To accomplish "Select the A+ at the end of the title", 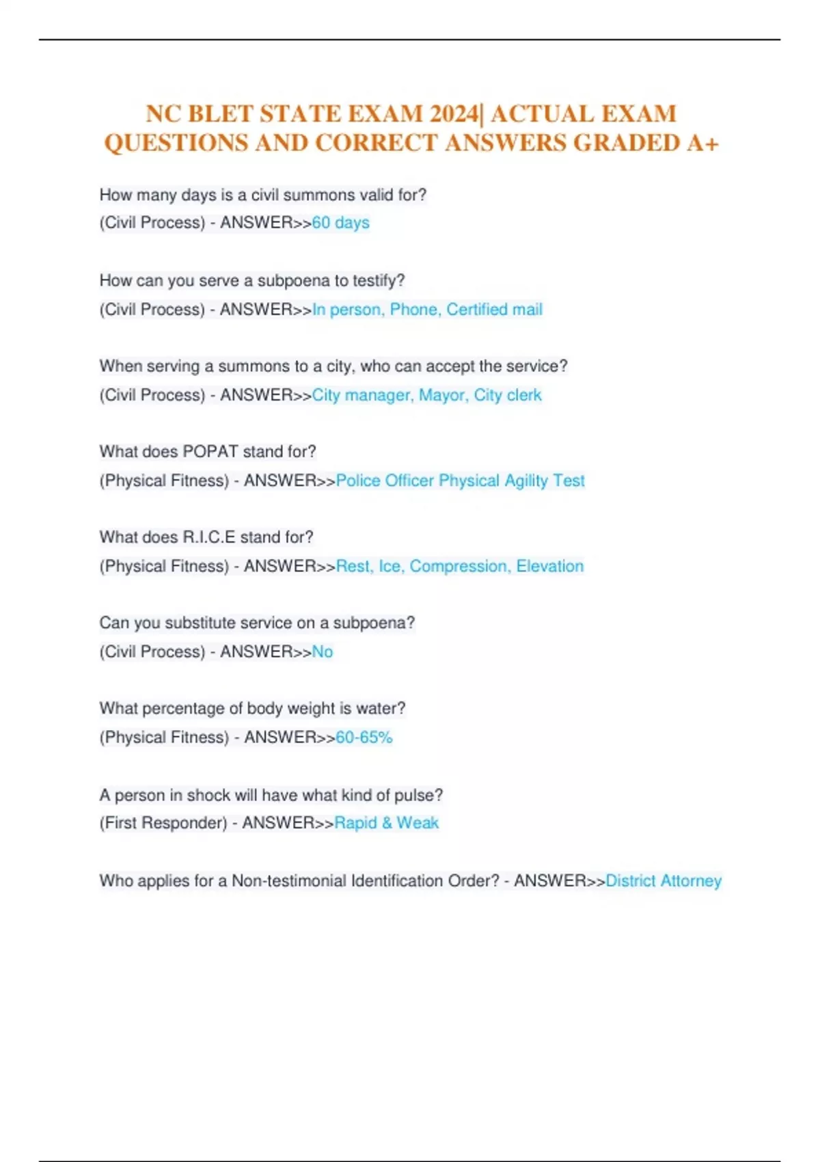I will point(703,143).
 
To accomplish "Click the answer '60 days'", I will point(340,223).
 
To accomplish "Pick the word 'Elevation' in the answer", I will point(550,566).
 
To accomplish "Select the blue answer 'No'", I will point(323,652).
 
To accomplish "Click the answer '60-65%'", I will point(364,738).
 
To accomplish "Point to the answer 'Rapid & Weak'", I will point(386,823).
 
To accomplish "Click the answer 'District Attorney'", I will point(664,881).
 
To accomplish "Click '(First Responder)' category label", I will point(163,823).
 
